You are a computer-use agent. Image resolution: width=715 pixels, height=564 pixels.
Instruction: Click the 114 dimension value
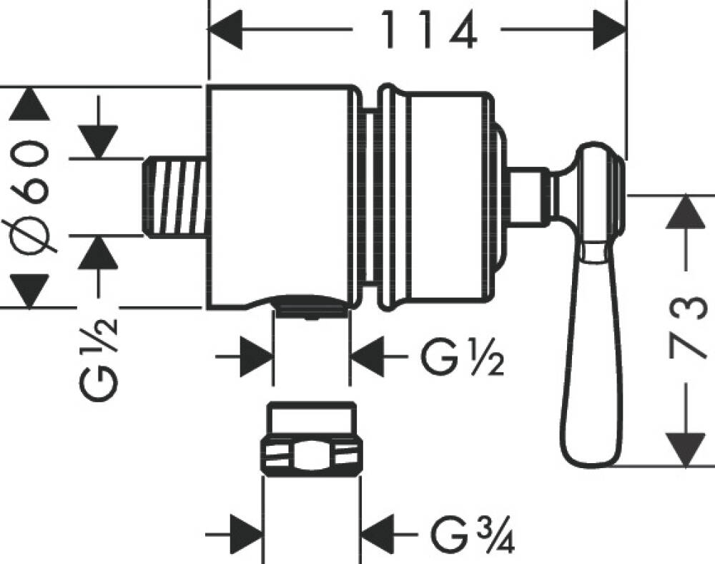click(429, 29)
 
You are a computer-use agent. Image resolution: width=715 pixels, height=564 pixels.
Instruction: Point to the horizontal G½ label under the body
click(462, 357)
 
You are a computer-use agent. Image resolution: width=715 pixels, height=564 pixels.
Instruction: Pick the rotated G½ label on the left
click(98, 360)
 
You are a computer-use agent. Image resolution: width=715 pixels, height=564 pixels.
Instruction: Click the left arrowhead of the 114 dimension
click(225, 29)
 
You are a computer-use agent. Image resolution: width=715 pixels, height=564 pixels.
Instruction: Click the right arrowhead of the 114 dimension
click(610, 29)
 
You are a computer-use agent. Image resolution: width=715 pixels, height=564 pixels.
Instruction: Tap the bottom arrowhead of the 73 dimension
click(686, 449)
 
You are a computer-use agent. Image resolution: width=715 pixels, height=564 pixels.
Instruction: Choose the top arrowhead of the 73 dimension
click(686, 212)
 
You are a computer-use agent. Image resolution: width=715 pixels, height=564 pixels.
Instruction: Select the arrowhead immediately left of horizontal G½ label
click(368, 356)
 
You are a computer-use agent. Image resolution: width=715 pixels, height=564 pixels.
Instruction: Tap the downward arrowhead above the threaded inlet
click(98, 142)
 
